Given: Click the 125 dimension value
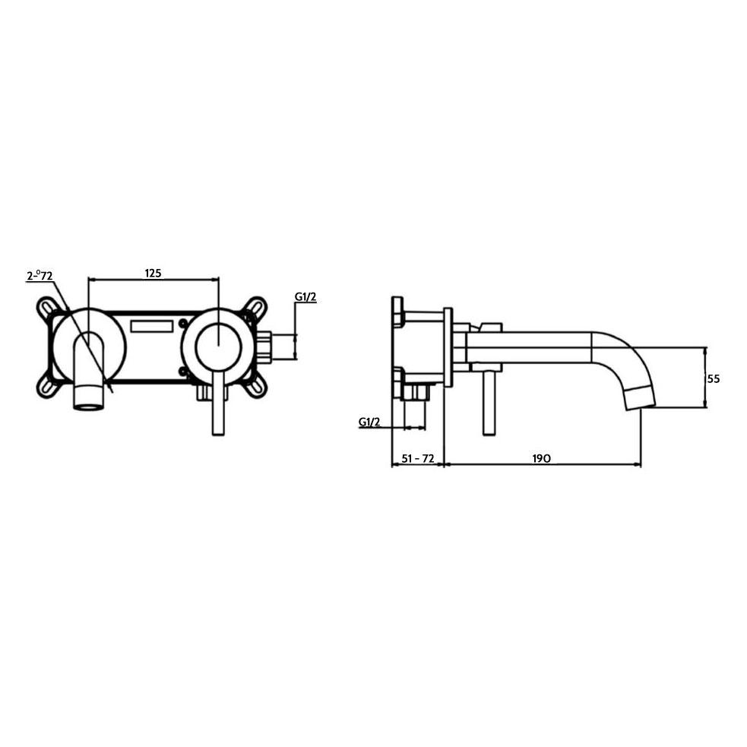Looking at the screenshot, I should pos(154,273).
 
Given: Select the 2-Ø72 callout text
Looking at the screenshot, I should pos(40,275).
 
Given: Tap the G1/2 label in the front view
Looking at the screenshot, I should pos(305,297).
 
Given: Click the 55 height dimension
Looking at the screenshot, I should pos(713,378).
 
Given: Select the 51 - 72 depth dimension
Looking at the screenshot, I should pos(416,458).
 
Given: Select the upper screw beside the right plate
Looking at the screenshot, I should pos(182,324).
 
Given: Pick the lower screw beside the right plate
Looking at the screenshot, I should pos(182,371).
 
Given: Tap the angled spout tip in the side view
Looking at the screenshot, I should pos(638,397).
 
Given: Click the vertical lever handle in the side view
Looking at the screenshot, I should pos(489,403).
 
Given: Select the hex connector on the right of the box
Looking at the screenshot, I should pos(264,347).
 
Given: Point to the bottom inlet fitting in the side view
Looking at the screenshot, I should pos(416,392).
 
